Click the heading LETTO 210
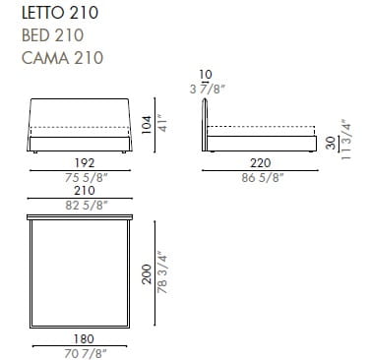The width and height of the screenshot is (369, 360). tap(60, 13)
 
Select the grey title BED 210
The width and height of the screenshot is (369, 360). tap(52, 35)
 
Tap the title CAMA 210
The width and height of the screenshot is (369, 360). tap(62, 58)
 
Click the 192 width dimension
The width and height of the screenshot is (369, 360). tap(85, 162)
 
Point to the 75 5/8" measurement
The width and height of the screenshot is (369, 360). tap(86, 178)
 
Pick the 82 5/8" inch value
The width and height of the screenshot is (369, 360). tap(86, 206)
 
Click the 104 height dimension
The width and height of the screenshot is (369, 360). tap(147, 125)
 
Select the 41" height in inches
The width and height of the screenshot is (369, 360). tap(162, 123)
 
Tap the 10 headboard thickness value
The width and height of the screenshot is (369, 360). tap(206, 75)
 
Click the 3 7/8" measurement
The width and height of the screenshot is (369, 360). tap(207, 89)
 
